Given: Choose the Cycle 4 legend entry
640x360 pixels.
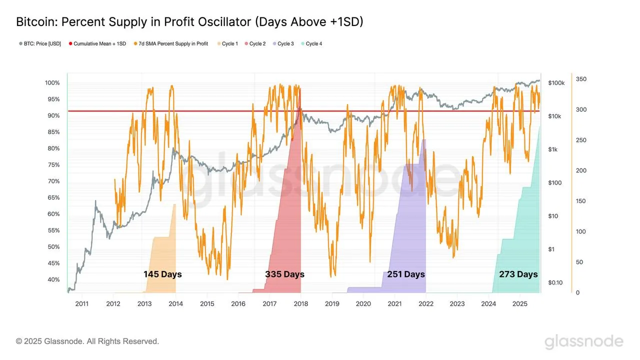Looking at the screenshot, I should tap(313, 44).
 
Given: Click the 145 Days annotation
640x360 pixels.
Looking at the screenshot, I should tap(162, 274).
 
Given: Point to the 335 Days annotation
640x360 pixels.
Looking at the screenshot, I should tap(284, 274).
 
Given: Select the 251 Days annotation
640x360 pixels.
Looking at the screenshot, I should tap(405, 274).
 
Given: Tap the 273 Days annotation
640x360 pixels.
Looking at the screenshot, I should tap(518, 274).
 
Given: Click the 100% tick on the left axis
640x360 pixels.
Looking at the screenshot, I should tap(52, 83).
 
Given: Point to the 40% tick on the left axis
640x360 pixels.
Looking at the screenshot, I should tap(53, 280).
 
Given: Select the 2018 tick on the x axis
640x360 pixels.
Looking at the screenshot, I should tap(300, 304).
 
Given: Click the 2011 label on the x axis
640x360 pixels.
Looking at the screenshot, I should tap(81, 304).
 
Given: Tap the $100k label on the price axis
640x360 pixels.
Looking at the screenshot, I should tap(556, 83).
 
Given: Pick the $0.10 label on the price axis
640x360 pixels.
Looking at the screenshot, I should tap(555, 283).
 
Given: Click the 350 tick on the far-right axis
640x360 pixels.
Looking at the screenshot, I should tap(581, 79).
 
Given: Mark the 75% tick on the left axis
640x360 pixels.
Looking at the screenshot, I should tap(53, 165).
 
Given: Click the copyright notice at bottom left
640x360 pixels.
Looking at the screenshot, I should tap(87, 341).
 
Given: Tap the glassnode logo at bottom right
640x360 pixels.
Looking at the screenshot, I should tap(584, 342).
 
